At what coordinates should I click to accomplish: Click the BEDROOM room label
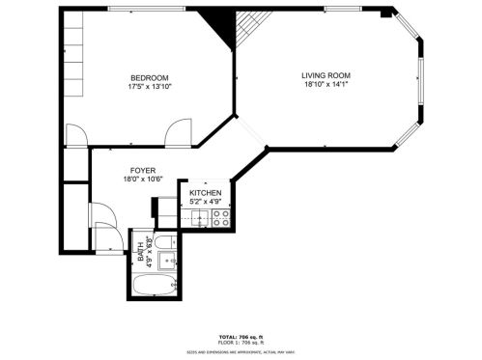(x=150, y=78)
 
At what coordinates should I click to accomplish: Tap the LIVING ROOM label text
(x=326, y=75)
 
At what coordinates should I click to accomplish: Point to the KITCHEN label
(x=206, y=194)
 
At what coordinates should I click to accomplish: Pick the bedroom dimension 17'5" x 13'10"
(x=150, y=87)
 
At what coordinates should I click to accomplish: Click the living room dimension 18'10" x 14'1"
(x=326, y=84)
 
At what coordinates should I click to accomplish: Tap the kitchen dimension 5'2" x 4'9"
(x=206, y=203)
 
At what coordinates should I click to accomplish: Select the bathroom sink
(x=166, y=260)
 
